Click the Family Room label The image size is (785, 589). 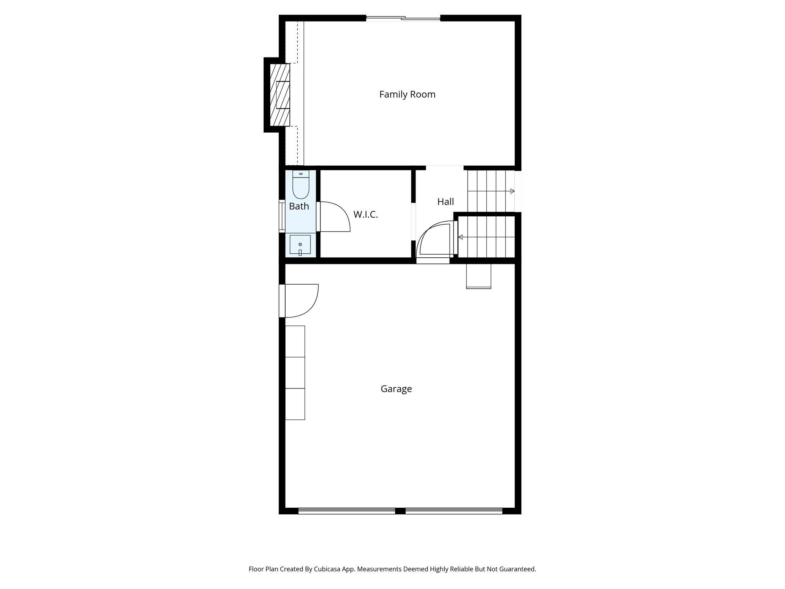pos(407,94)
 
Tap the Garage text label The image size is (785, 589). pos(396,389)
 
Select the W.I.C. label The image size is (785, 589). pos(365,215)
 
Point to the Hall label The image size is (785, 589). pos(445,202)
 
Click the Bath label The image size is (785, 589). pos(299,206)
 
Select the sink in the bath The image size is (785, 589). pos(300,245)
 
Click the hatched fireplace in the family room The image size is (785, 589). pos(280,95)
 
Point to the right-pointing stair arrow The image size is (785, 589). pos(512,191)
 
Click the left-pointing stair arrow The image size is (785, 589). pos(460,237)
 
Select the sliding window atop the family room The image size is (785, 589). pos(403,18)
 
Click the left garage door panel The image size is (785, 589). pos(347,511)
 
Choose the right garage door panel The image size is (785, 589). pos(454,511)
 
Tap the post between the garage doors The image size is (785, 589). pos(400,511)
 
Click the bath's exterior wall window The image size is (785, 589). pos(282,216)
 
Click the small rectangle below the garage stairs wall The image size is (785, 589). pos(478,276)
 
